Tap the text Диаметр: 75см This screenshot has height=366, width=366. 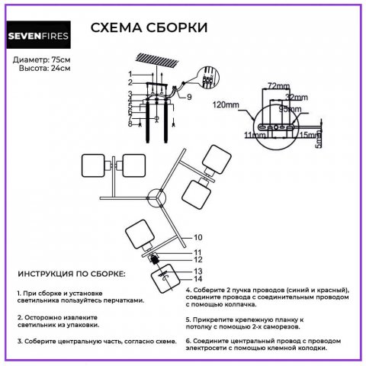click(x=43, y=59)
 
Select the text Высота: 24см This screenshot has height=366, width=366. click(x=44, y=69)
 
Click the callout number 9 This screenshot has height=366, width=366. click(x=189, y=98)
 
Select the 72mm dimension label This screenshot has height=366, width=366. click(x=278, y=88)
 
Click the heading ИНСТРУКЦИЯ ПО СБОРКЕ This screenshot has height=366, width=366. click(x=72, y=273)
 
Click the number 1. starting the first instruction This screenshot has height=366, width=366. click(x=19, y=292)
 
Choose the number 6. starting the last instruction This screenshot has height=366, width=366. click(x=188, y=339)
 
